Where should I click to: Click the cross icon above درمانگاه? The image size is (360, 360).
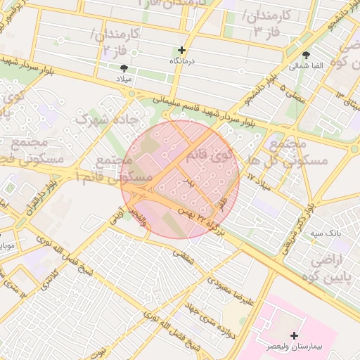(x=182, y=51)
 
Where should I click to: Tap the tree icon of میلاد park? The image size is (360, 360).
(x=125, y=67)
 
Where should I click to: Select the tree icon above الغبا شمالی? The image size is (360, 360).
(x=307, y=54)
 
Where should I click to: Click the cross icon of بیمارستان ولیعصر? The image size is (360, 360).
(x=294, y=335)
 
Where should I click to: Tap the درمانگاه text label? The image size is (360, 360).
(x=182, y=62)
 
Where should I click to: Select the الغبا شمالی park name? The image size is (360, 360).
(x=307, y=66)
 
